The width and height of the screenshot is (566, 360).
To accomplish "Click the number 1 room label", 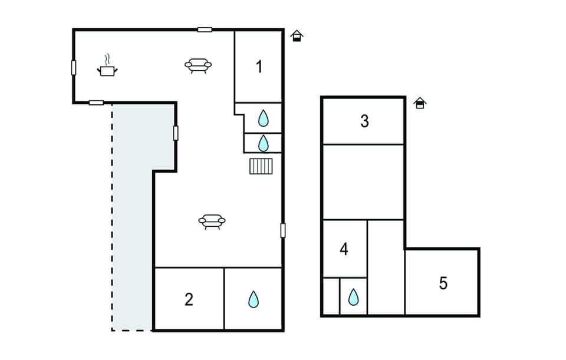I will pyautogui.click(x=259, y=67).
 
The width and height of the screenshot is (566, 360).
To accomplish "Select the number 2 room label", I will pyautogui.click(x=189, y=299).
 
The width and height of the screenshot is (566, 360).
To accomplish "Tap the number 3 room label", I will pyautogui.click(x=364, y=121).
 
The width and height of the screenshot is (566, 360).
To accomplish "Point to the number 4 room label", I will pyautogui.click(x=344, y=249).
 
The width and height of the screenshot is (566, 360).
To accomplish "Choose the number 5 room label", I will pyautogui.click(x=443, y=283).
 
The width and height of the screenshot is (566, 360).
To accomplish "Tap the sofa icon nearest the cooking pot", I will pyautogui.click(x=198, y=65).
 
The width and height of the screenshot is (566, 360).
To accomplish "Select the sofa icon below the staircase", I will pyautogui.click(x=212, y=221).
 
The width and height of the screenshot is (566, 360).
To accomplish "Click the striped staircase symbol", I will pyautogui.click(x=261, y=166).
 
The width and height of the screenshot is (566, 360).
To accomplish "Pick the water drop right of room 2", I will pyautogui.click(x=254, y=299).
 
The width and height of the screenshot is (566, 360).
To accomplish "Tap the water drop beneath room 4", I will pyautogui.click(x=353, y=297).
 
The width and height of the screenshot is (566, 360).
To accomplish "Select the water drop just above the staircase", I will pyautogui.click(x=263, y=143).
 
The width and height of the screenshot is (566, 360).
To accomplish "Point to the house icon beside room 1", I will pyautogui.click(x=297, y=36).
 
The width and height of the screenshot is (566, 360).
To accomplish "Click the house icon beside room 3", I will pyautogui.click(x=419, y=103).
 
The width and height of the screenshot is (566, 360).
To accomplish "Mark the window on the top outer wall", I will pyautogui.click(x=205, y=29).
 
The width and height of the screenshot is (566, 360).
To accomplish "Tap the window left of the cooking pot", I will pyautogui.click(x=74, y=68).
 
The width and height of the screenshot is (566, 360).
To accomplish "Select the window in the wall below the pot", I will pyautogui.click(x=96, y=103).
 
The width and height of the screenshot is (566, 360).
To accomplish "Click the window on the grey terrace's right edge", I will pyautogui.click(x=176, y=133).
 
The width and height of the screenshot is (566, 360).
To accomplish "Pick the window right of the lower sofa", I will pyautogui.click(x=283, y=230).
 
